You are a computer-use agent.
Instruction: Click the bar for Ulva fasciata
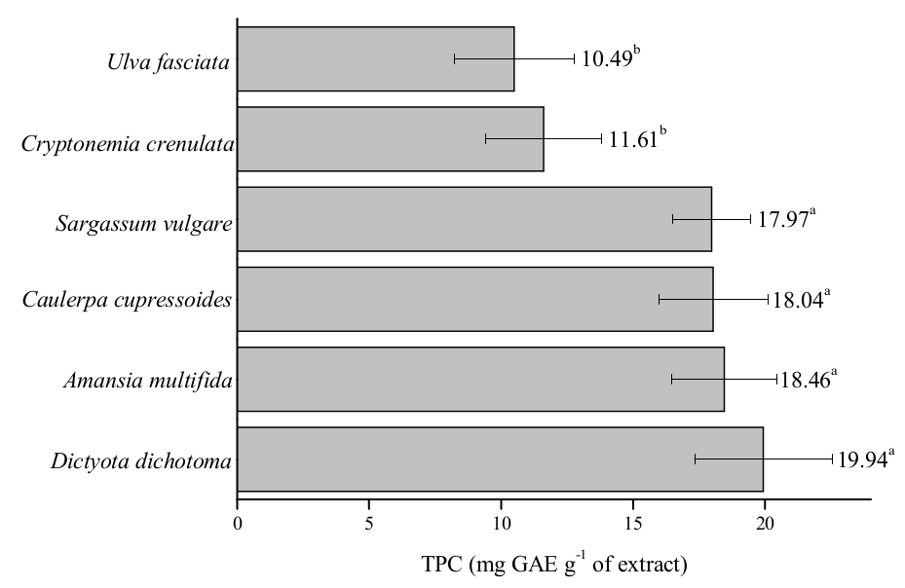[x=375, y=59]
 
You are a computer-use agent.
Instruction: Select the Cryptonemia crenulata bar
[x=390, y=139]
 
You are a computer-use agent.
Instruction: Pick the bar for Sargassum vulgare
[x=473, y=219]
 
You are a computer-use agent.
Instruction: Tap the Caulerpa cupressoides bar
[x=474, y=299]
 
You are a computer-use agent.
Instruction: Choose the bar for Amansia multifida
[x=480, y=379]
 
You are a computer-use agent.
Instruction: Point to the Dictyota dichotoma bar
[x=500, y=459]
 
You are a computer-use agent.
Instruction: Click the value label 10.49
[x=606, y=59]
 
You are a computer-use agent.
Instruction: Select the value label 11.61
[x=633, y=140]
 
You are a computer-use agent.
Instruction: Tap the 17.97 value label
[x=782, y=220]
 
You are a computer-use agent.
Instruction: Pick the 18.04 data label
[x=800, y=300]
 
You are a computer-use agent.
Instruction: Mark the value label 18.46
[x=807, y=380]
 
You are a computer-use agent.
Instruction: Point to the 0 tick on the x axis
[x=238, y=522]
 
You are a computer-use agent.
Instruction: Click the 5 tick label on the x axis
[x=369, y=522]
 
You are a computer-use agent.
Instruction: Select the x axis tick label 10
[x=501, y=522]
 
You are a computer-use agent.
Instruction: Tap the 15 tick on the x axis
[x=633, y=522]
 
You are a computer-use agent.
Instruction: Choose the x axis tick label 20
[x=765, y=522]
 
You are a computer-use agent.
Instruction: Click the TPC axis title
[x=553, y=563]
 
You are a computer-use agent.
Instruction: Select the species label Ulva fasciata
[x=169, y=65]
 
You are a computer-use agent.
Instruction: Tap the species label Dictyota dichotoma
[x=142, y=459]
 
